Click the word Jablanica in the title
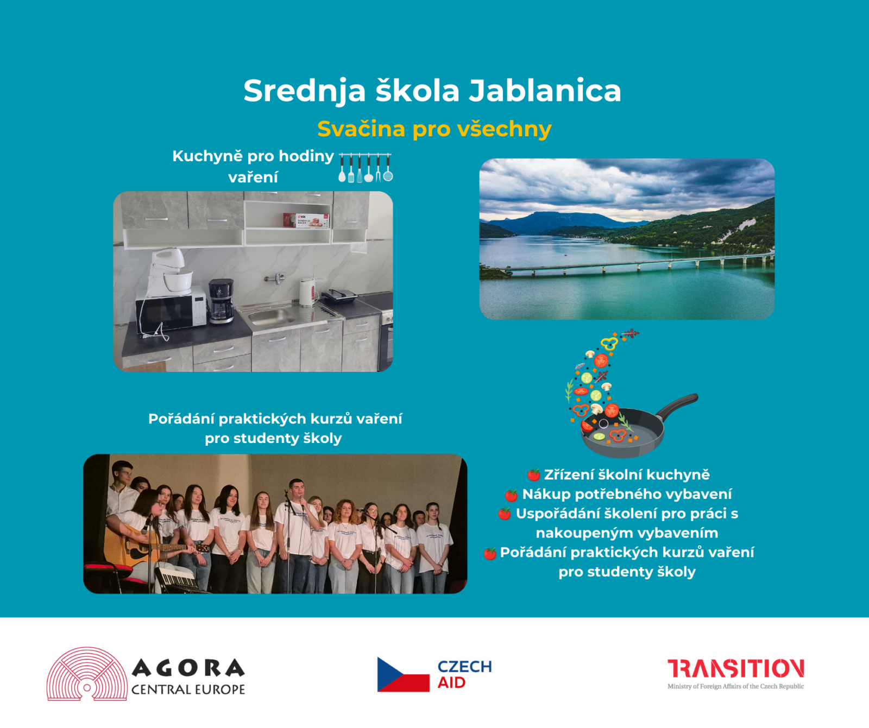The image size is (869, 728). pyautogui.click(x=545, y=91)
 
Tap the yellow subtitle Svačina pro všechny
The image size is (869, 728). pyautogui.click(x=434, y=129)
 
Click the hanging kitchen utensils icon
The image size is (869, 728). pyautogui.click(x=366, y=167)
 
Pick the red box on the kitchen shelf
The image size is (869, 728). pyautogui.click(x=306, y=220)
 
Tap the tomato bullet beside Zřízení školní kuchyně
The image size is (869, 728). pyautogui.click(x=534, y=475)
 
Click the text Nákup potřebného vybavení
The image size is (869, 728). pyautogui.click(x=627, y=495)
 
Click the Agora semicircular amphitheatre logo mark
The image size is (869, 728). pyautogui.click(x=87, y=674)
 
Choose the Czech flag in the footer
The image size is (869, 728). pyautogui.click(x=404, y=674)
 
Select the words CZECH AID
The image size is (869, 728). pyautogui.click(x=465, y=674)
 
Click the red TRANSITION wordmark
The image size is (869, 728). pyautogui.click(x=736, y=669)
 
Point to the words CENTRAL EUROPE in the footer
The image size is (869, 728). pyautogui.click(x=188, y=689)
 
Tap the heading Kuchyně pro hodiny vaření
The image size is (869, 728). pyautogui.click(x=253, y=167)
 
